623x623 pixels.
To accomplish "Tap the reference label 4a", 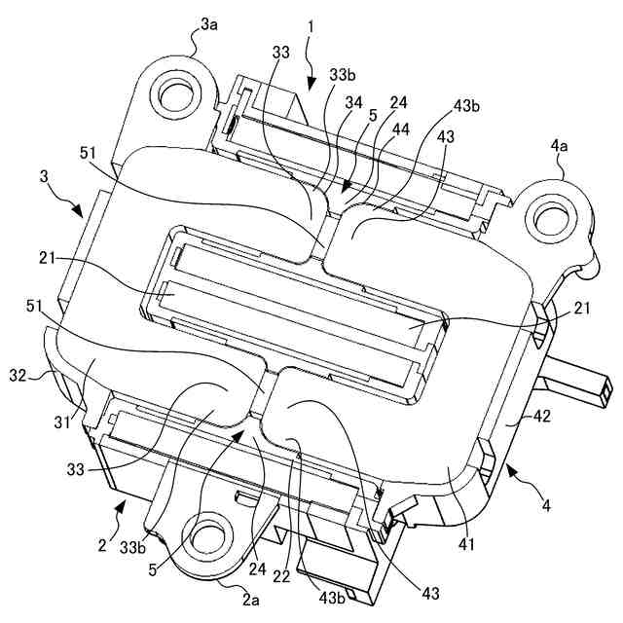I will point(560,147).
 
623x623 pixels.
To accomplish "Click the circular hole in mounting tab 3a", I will point(176,95).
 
